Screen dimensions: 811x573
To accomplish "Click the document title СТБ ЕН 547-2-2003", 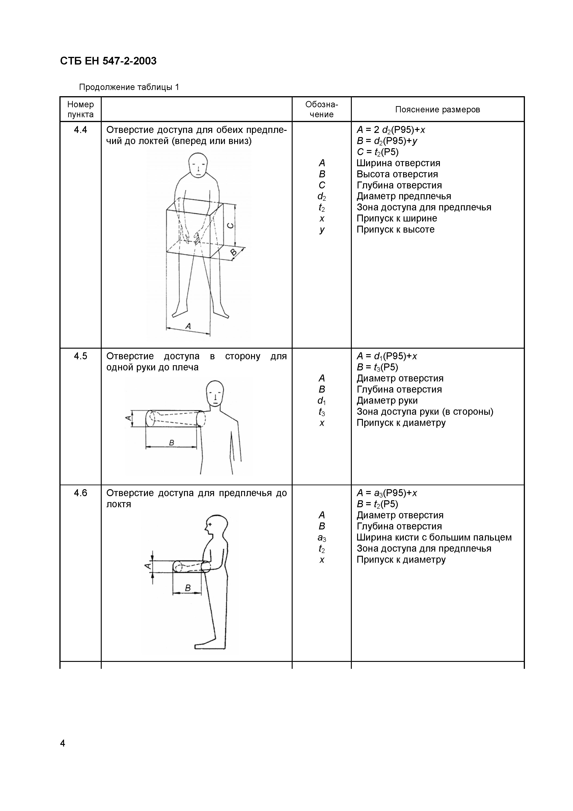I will coord(108,61).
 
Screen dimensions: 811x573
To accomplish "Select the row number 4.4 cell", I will coord(80,130).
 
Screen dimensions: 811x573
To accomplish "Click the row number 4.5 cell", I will coord(80,356).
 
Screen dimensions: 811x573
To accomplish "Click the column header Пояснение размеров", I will coord(437,110).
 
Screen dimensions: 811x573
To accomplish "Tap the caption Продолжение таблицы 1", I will coord(129,87).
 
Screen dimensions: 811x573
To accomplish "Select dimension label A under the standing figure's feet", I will coord(188,326).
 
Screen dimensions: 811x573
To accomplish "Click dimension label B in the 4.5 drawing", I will coord(172,442).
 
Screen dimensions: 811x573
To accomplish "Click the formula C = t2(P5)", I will coord(377,152).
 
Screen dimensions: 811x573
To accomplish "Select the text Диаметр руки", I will coord(387,401).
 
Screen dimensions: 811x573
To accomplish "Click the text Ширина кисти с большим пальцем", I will coord(434,537).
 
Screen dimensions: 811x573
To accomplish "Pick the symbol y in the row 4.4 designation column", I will coord(322,230).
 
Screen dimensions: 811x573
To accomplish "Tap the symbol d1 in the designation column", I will coord(322,401).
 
